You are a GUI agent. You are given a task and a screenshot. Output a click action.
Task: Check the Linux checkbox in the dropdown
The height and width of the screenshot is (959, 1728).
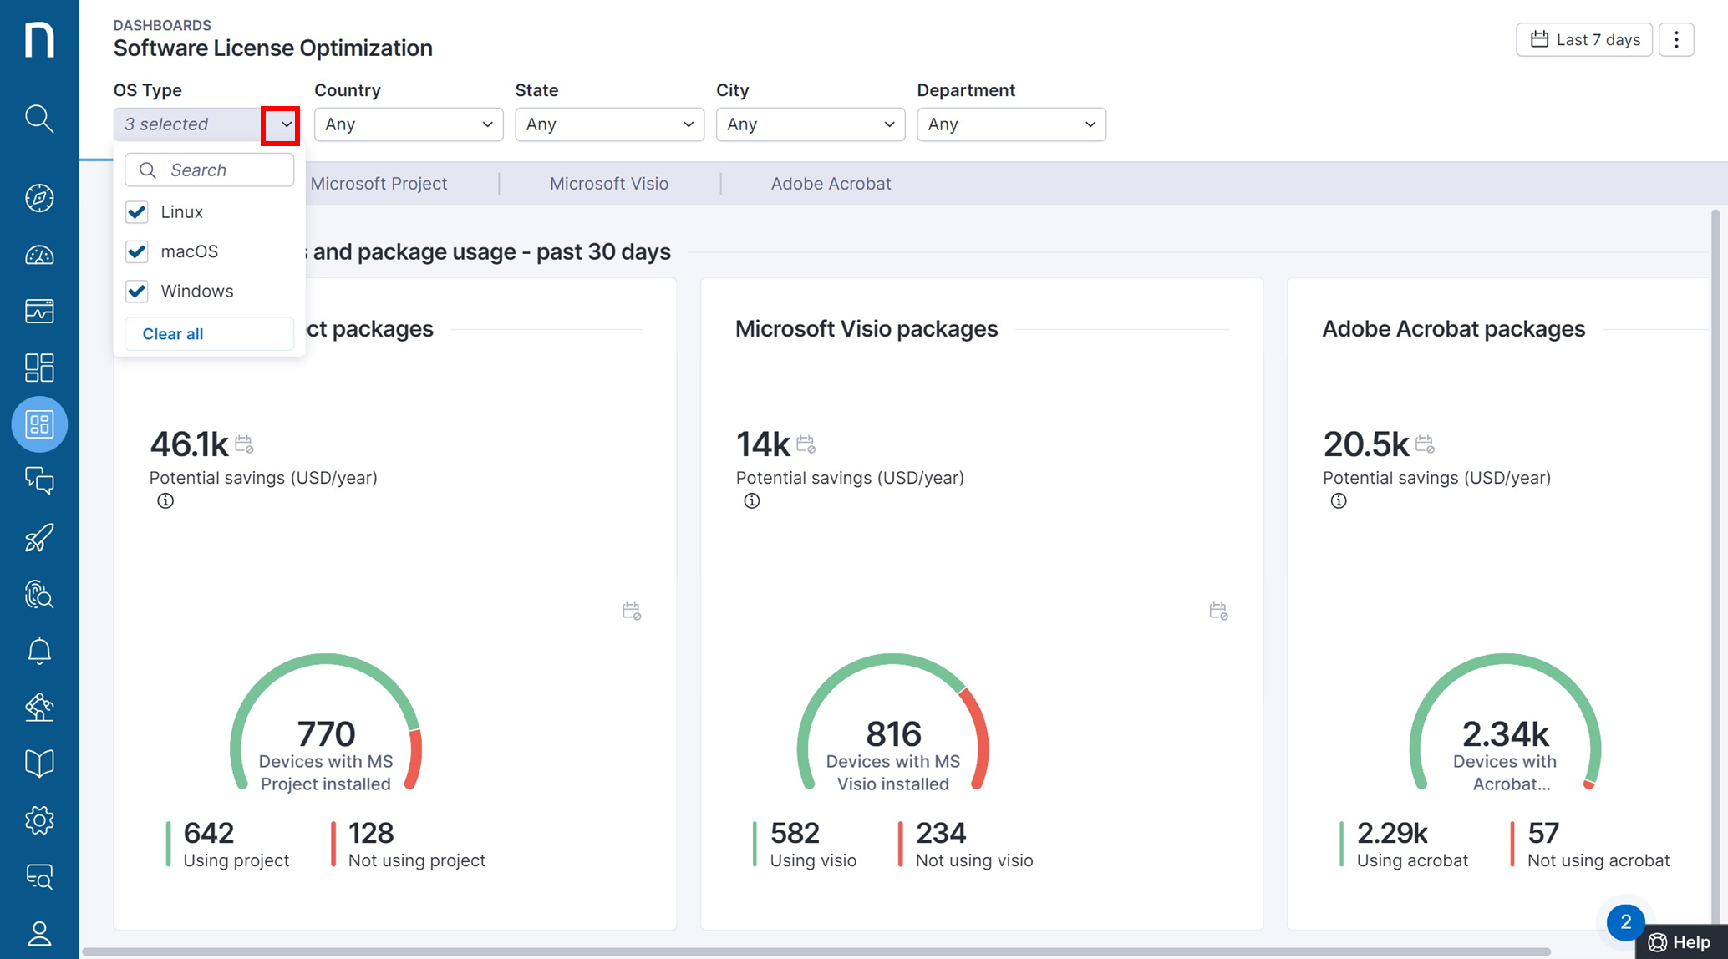[x=137, y=212]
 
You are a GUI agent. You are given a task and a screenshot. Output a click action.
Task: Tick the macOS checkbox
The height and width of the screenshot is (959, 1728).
[x=137, y=251]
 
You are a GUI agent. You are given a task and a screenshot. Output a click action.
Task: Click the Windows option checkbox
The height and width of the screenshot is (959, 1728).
[x=137, y=291]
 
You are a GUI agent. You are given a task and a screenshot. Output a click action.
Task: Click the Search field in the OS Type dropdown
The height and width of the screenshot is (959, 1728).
[x=209, y=170]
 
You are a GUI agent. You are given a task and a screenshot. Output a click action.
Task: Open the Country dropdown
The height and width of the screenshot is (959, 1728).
[x=409, y=124]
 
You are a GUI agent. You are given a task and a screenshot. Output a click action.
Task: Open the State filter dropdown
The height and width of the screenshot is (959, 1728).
[x=609, y=124]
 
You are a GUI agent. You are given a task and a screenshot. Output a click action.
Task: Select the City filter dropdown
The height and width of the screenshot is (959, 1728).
[x=811, y=124]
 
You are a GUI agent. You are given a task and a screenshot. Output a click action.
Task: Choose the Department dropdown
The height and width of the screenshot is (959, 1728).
[x=1011, y=124]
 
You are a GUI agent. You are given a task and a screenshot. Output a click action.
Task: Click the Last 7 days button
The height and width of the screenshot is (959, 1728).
[x=1584, y=40]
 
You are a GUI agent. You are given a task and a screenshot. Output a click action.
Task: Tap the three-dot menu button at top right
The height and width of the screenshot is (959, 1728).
[x=1676, y=40]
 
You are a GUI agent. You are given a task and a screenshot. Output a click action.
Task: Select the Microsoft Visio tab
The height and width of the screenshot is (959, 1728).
[x=609, y=184]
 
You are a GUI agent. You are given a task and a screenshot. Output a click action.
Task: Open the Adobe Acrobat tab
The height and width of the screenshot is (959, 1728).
[x=831, y=184]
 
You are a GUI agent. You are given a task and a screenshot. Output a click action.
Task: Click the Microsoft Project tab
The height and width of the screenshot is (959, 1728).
[x=379, y=184]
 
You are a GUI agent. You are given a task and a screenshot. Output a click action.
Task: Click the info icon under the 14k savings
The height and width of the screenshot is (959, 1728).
[x=752, y=501]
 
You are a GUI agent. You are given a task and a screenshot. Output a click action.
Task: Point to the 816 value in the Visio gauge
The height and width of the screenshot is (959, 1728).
[x=893, y=734]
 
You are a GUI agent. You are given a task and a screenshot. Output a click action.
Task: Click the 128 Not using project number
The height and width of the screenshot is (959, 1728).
[x=371, y=833]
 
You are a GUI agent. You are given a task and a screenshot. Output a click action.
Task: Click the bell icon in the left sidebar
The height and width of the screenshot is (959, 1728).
[x=39, y=651]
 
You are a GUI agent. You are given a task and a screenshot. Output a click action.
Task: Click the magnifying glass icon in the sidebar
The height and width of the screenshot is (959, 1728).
[x=39, y=119]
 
